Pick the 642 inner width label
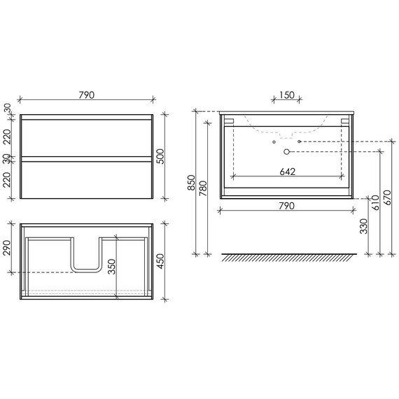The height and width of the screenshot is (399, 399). pos(287,171)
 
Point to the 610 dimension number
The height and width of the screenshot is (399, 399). pos(376,202)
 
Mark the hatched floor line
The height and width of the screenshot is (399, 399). pos(287,255)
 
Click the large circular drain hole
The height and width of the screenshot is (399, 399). pos(286,151)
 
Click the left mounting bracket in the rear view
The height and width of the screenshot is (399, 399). pos(230,120)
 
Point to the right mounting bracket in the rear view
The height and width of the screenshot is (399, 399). pos(344,120)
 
